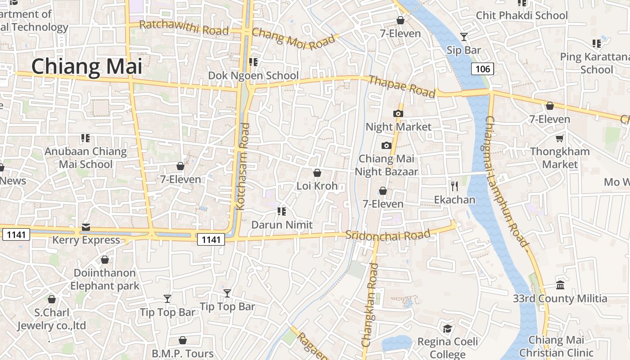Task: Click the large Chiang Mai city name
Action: tap(86, 67)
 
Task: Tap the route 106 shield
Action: tap(483, 69)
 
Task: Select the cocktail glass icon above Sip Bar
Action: tap(464, 37)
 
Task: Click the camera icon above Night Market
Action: tap(398, 113)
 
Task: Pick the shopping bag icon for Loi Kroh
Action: tap(317, 173)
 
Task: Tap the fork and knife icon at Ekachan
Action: tap(454, 186)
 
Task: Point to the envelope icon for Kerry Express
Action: tap(86, 227)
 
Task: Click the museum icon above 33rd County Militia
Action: tap(560, 285)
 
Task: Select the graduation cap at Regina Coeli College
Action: tap(447, 329)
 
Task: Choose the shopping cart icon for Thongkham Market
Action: tap(560, 138)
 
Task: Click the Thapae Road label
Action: tap(402, 86)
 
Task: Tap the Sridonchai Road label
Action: tap(388, 235)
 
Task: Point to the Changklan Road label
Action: tap(369, 305)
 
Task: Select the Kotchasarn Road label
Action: tap(243, 166)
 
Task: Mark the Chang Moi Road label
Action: tap(294, 39)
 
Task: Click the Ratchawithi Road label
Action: tap(184, 28)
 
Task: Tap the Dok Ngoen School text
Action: tap(253, 76)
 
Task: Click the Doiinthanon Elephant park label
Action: tap(105, 279)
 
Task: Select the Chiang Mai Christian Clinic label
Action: tap(556, 346)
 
